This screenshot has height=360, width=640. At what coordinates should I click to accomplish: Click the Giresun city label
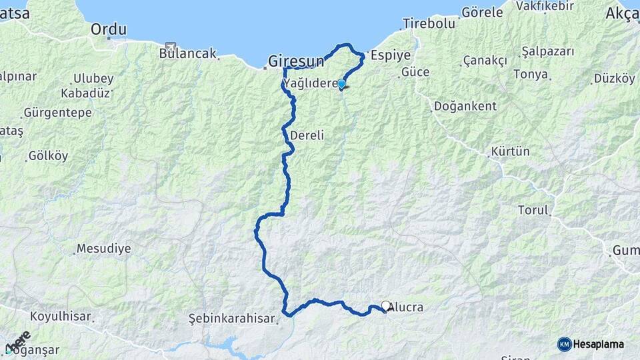[x=295, y=61]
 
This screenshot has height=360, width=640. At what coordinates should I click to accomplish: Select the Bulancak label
[x=188, y=53]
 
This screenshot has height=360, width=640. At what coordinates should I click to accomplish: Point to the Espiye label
[x=391, y=55]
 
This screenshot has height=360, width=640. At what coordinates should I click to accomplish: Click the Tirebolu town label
[x=429, y=23]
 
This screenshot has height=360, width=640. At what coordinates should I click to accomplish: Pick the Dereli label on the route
[x=307, y=135]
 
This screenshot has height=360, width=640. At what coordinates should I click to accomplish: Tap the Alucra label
[x=406, y=307]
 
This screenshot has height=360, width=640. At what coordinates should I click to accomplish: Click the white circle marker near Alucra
[x=386, y=306]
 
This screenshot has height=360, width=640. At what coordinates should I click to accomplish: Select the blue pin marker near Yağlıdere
[x=341, y=84]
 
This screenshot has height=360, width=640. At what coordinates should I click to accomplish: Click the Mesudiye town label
[x=103, y=249]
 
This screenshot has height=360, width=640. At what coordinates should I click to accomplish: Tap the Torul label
[x=533, y=210]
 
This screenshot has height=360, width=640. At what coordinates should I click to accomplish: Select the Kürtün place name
[x=510, y=151]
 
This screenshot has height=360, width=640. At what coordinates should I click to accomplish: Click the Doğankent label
[x=465, y=106]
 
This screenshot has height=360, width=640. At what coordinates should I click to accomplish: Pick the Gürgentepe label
[x=57, y=112]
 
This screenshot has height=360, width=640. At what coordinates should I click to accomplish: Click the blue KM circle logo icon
[x=564, y=344]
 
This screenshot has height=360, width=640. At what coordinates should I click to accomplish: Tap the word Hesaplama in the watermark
[x=599, y=344]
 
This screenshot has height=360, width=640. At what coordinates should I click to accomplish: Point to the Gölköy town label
[x=48, y=156]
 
